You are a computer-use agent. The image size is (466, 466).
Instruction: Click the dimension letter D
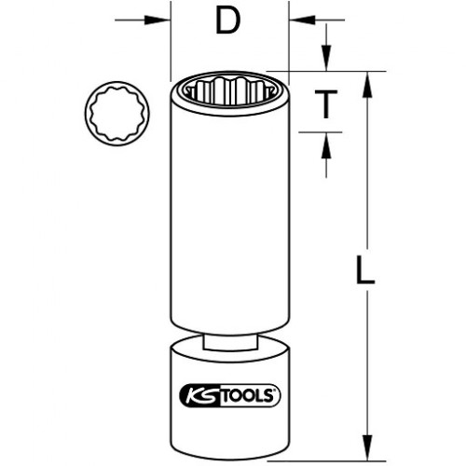point(228,21)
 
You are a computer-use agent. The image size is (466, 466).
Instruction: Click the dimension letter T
point(326,104)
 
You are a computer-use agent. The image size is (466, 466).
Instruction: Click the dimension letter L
point(365,269)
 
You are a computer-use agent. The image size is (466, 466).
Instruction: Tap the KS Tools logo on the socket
point(230,395)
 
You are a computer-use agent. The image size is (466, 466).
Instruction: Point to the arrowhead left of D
point(158,21)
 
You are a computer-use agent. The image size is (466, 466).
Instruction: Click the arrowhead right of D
point(302,21)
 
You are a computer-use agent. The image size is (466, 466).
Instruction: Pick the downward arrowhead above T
point(326,58)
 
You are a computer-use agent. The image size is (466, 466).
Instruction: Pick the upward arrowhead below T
point(326,145)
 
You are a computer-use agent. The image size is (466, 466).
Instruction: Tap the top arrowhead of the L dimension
point(367,85)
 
